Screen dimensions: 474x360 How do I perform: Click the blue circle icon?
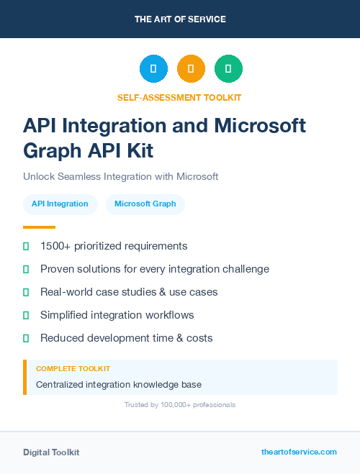153,69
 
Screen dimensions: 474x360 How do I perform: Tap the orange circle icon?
191,69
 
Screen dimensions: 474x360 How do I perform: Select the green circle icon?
228,69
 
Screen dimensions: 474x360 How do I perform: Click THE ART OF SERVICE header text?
180,19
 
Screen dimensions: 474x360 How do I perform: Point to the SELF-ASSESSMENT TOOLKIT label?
179,97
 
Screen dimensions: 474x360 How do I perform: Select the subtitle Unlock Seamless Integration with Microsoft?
120,176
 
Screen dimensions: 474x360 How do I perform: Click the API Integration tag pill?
60,204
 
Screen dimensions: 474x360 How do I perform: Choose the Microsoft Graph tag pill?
145,204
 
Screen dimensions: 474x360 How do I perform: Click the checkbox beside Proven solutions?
26,269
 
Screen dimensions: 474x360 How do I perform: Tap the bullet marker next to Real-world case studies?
26,292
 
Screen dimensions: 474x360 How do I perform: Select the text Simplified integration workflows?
117,315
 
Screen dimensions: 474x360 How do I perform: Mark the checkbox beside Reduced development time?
26,338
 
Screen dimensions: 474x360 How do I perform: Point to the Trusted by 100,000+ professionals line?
180,405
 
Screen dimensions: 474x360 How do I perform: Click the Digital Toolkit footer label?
51,452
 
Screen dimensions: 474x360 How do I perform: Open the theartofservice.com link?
299,452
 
